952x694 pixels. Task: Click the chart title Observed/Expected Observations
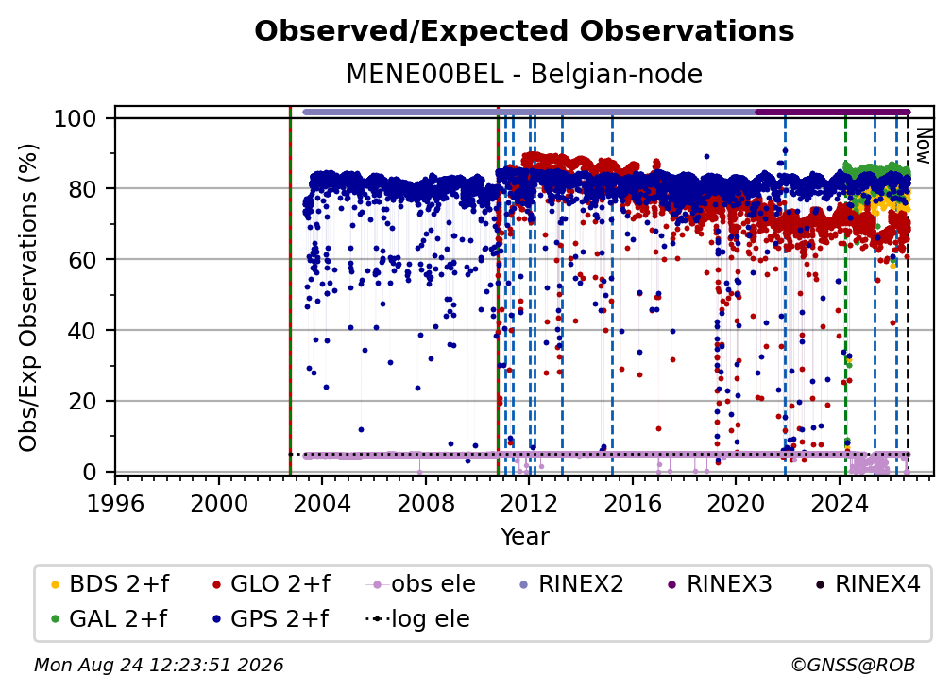point(524,31)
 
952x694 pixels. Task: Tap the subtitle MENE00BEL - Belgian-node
point(524,74)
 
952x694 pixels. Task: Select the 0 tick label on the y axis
point(90,472)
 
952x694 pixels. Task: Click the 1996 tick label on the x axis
point(115,504)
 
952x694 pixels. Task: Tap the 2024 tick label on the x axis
point(839,504)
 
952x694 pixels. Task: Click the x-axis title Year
point(524,537)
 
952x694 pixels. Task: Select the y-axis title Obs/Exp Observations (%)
point(28,298)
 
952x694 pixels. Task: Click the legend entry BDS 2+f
point(110,584)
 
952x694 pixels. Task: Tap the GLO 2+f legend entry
point(271,584)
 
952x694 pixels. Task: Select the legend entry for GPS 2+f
point(269,618)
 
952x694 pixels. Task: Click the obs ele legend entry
point(420,584)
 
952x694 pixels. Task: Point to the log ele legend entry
point(417,618)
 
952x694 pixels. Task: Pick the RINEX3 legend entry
point(719,584)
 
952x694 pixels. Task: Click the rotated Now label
point(923,146)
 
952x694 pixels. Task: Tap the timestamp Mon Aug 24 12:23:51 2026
point(159,665)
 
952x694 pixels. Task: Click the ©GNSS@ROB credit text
point(853,665)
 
